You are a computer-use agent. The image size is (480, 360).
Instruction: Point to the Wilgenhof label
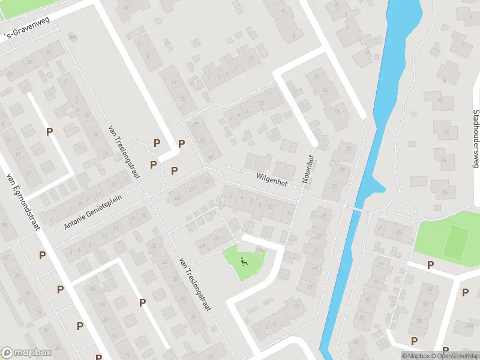(277, 179)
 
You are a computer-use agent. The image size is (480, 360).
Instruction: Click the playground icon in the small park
(244, 261)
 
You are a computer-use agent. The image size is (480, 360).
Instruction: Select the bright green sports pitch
(456, 242)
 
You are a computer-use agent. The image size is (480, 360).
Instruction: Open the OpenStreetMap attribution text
(454, 356)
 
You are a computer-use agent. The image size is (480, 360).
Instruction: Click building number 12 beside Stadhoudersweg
(445, 131)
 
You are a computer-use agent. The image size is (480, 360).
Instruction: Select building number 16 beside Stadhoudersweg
(445, 192)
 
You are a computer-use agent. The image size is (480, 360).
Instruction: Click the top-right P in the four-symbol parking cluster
(181, 143)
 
